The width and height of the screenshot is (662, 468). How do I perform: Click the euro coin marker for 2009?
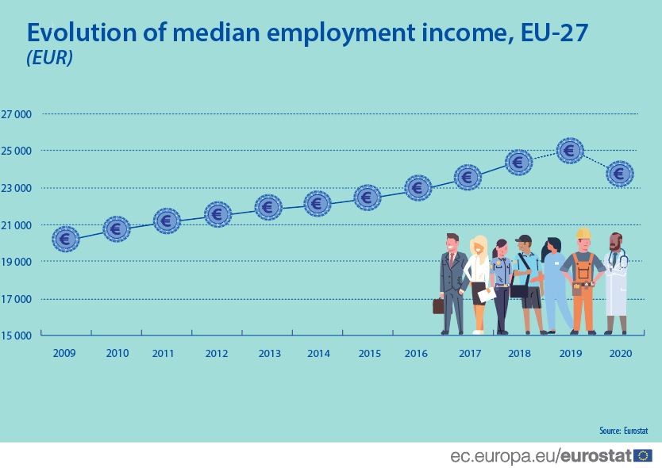pos(65,238)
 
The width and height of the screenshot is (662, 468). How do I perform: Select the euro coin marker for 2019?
pos(570,150)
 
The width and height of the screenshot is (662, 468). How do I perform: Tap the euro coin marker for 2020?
pos(619,173)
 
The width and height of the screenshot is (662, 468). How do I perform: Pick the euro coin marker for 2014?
pos(318,204)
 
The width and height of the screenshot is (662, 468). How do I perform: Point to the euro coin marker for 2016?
pos(418,187)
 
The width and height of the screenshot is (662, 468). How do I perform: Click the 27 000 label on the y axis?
pos(16,114)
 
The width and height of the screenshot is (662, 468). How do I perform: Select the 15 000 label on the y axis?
pos(16,336)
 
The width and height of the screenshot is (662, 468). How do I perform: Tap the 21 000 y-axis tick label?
pos(16,225)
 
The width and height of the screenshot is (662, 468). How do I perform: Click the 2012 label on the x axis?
pos(217,354)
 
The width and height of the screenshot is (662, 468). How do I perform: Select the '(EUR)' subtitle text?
pos(49,59)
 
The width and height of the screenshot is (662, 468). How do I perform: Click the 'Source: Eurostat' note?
pos(624,431)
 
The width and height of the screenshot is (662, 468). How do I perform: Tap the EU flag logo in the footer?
pos(643,455)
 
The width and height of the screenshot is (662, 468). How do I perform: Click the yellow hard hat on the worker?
pos(583,233)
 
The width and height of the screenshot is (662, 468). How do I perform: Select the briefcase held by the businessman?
pos(438,305)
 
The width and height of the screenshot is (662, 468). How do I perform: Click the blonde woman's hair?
pos(479,245)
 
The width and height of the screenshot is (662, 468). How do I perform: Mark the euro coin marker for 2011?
pos(166,221)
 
